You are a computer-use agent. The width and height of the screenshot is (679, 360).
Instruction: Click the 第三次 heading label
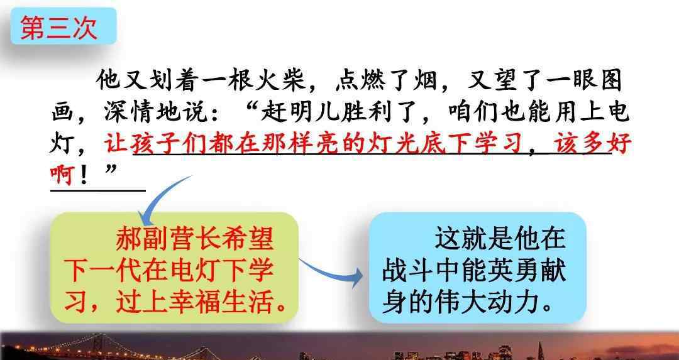pos(58,28)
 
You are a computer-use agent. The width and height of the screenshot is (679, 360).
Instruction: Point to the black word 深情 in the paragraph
pos(130,112)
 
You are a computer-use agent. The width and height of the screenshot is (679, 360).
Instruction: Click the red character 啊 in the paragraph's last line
pos(62,175)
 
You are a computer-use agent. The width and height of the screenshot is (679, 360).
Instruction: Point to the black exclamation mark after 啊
pos(84,175)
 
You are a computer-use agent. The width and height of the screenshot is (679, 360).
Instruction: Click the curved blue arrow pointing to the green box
pos(160,197)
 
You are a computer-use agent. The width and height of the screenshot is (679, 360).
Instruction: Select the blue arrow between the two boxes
pos(331,271)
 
